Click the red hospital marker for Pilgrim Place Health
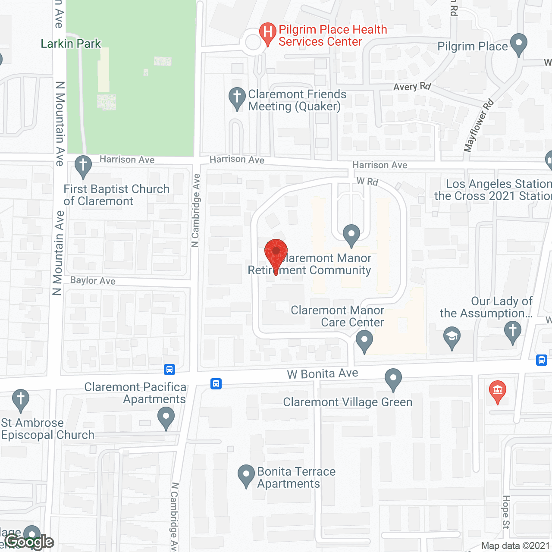(x=267, y=32)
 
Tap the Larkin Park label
(x=71, y=44)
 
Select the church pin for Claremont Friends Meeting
(x=237, y=98)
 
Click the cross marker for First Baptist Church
(x=83, y=166)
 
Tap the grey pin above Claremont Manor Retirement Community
(x=351, y=235)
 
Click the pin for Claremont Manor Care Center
(x=364, y=341)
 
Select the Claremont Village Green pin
(x=393, y=379)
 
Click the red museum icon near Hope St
(x=497, y=392)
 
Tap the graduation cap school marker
(x=452, y=337)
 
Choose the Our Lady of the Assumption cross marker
(x=513, y=332)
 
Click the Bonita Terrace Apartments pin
(x=246, y=475)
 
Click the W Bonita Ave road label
(x=323, y=373)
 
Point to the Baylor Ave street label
(x=93, y=281)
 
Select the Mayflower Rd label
(x=478, y=125)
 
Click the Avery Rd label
(x=412, y=87)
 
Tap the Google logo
(x=29, y=542)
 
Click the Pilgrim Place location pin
(x=518, y=44)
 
